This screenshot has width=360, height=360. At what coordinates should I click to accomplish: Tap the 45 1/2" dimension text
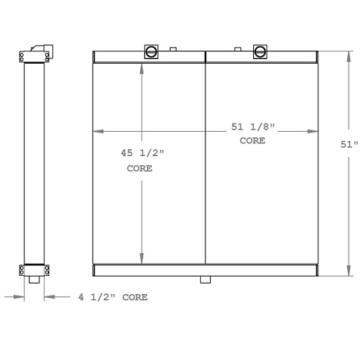(x=142, y=153)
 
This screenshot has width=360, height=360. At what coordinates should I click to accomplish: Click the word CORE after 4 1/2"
(x=133, y=297)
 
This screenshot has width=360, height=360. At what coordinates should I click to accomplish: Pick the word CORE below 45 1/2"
(x=139, y=168)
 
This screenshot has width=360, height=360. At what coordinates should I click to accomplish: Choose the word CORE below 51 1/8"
(x=252, y=141)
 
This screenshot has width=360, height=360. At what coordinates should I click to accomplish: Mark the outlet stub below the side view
(x=34, y=280)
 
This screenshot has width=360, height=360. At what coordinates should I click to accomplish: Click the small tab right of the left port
(x=174, y=49)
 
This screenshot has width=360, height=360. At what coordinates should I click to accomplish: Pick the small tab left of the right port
(x=238, y=49)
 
